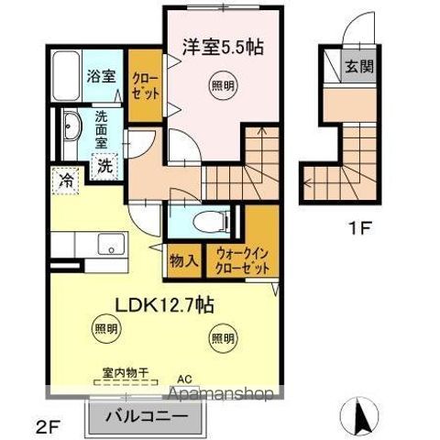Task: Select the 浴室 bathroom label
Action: pyautogui.click(x=101, y=77)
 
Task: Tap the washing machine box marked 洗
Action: pyautogui.click(x=106, y=168)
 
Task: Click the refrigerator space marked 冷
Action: pyautogui.click(x=66, y=181)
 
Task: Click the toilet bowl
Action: pyautogui.click(x=208, y=220)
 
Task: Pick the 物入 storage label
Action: pyautogui.click(x=182, y=260)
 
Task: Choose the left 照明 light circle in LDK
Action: pyautogui.click(x=105, y=328)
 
